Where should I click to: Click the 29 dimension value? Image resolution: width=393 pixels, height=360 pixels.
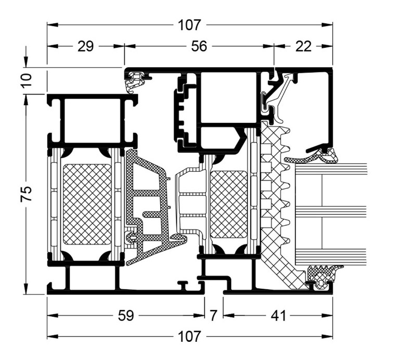tap(85, 46)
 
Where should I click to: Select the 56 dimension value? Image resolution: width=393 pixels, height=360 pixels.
tap(199, 46)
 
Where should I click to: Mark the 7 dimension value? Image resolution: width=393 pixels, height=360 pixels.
tap(213, 315)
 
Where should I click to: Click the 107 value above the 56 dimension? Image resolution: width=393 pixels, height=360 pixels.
tap(191, 24)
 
